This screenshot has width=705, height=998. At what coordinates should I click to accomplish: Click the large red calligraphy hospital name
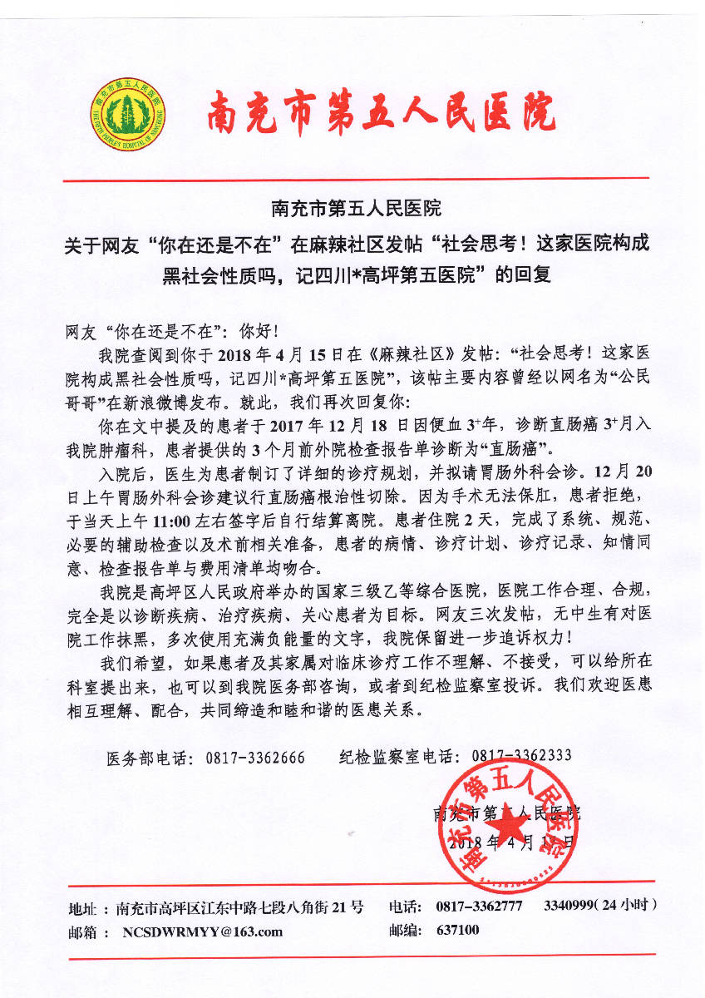coord(381,114)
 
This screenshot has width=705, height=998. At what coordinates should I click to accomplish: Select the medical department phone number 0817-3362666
coord(255,758)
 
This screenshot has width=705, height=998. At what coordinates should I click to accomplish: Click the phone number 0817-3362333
coord(521,756)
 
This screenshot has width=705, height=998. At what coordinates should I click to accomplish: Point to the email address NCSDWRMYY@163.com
coord(203,931)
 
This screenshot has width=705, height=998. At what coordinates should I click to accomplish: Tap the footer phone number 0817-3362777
coord(479,906)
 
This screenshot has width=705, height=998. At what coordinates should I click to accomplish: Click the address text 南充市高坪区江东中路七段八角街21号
coord(240,907)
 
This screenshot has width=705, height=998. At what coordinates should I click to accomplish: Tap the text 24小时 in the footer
coord(630,904)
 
